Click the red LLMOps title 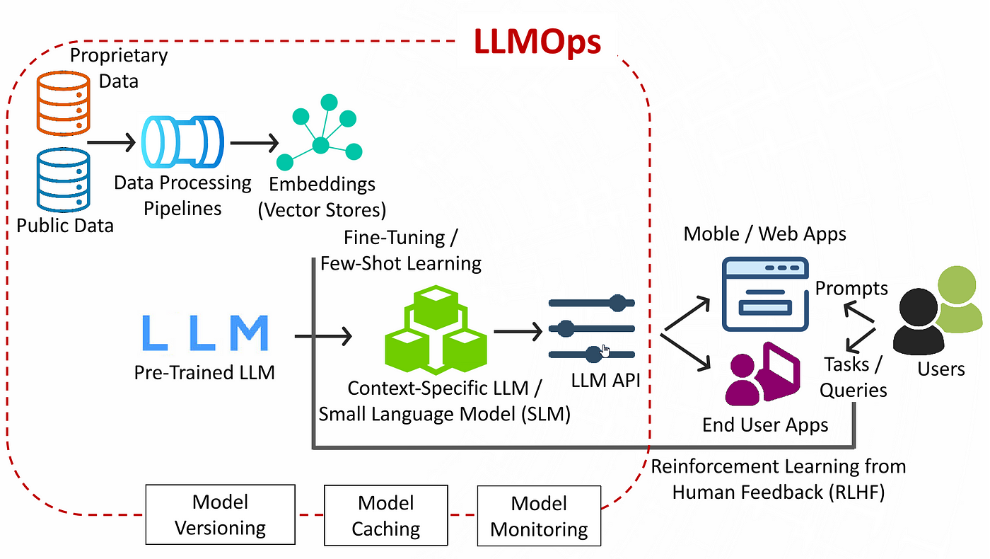537,42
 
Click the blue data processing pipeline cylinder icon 182,142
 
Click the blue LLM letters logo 205,333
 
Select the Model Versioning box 220,514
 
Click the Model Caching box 385,514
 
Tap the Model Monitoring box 539,516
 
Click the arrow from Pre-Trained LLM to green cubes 323,336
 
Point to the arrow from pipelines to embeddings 255,143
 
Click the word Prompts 851,288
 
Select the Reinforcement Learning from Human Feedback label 778,479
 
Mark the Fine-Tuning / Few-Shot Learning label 401,250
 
